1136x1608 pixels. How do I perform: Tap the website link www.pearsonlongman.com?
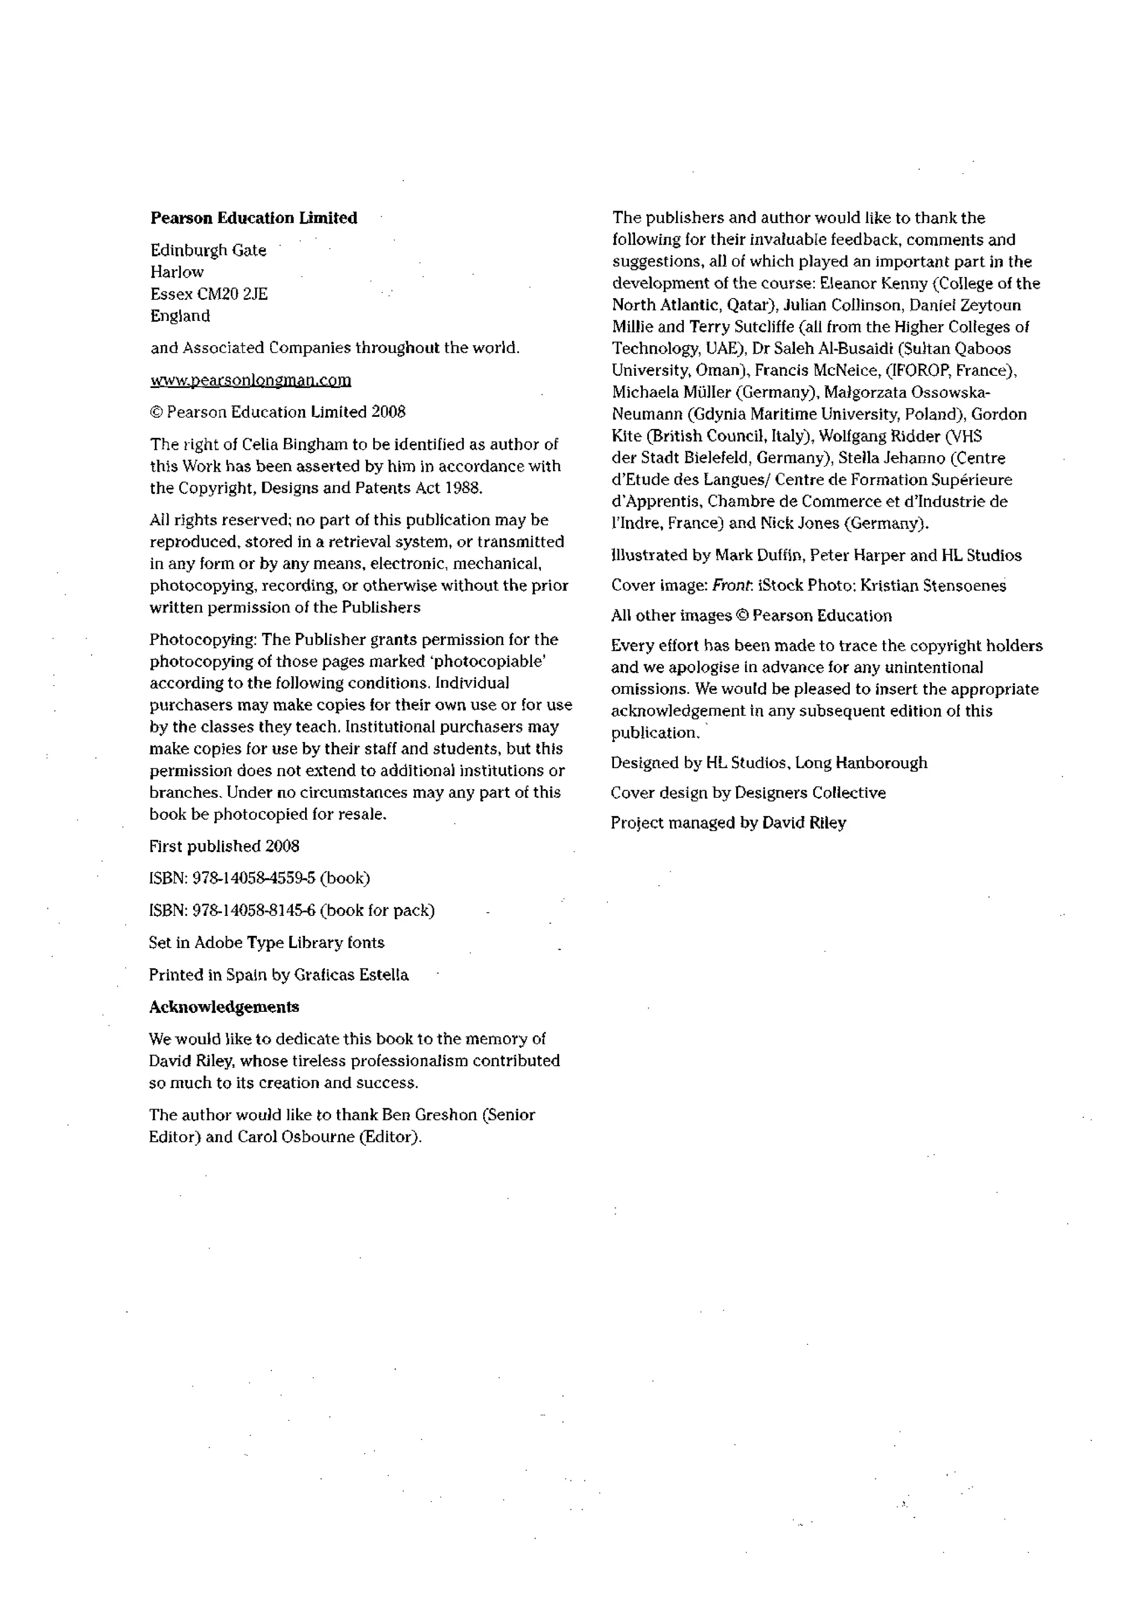pos(251,380)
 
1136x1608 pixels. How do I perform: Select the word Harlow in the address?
pos(176,272)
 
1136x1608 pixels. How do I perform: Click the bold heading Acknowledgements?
pos(224,1006)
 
